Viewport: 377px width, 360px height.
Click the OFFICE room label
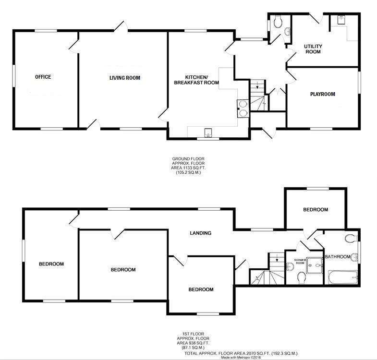pos(43,77)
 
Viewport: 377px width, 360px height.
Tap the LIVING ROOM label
pos(124,78)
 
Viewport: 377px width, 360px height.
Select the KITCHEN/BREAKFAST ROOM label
pos(196,80)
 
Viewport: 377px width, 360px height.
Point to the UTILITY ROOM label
pos(313,49)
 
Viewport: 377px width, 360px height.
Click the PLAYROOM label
pos(322,94)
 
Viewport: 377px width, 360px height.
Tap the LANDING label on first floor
pos(200,233)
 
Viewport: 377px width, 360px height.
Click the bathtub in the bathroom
pos(341,276)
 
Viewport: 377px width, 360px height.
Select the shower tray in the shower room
pos(314,263)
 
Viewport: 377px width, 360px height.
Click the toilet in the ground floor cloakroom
pos(277,21)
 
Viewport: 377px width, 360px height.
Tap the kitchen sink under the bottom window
pos(208,132)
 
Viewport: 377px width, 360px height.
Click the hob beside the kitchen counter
pos(243,108)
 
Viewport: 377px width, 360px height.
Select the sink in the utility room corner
pos(341,20)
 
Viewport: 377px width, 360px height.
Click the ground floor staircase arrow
pos(258,86)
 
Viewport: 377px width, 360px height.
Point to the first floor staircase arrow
pos(277,260)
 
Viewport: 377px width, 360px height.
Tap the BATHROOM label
pos(338,257)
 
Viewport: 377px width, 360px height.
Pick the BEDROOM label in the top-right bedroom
pos(315,210)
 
